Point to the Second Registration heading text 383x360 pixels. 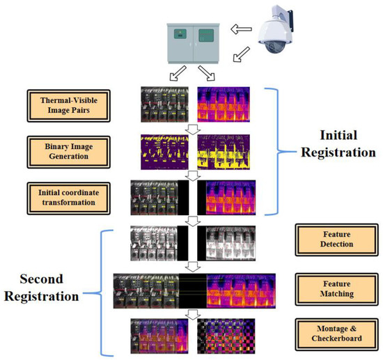coord(43,287)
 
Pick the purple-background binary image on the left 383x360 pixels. coord(165,148)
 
